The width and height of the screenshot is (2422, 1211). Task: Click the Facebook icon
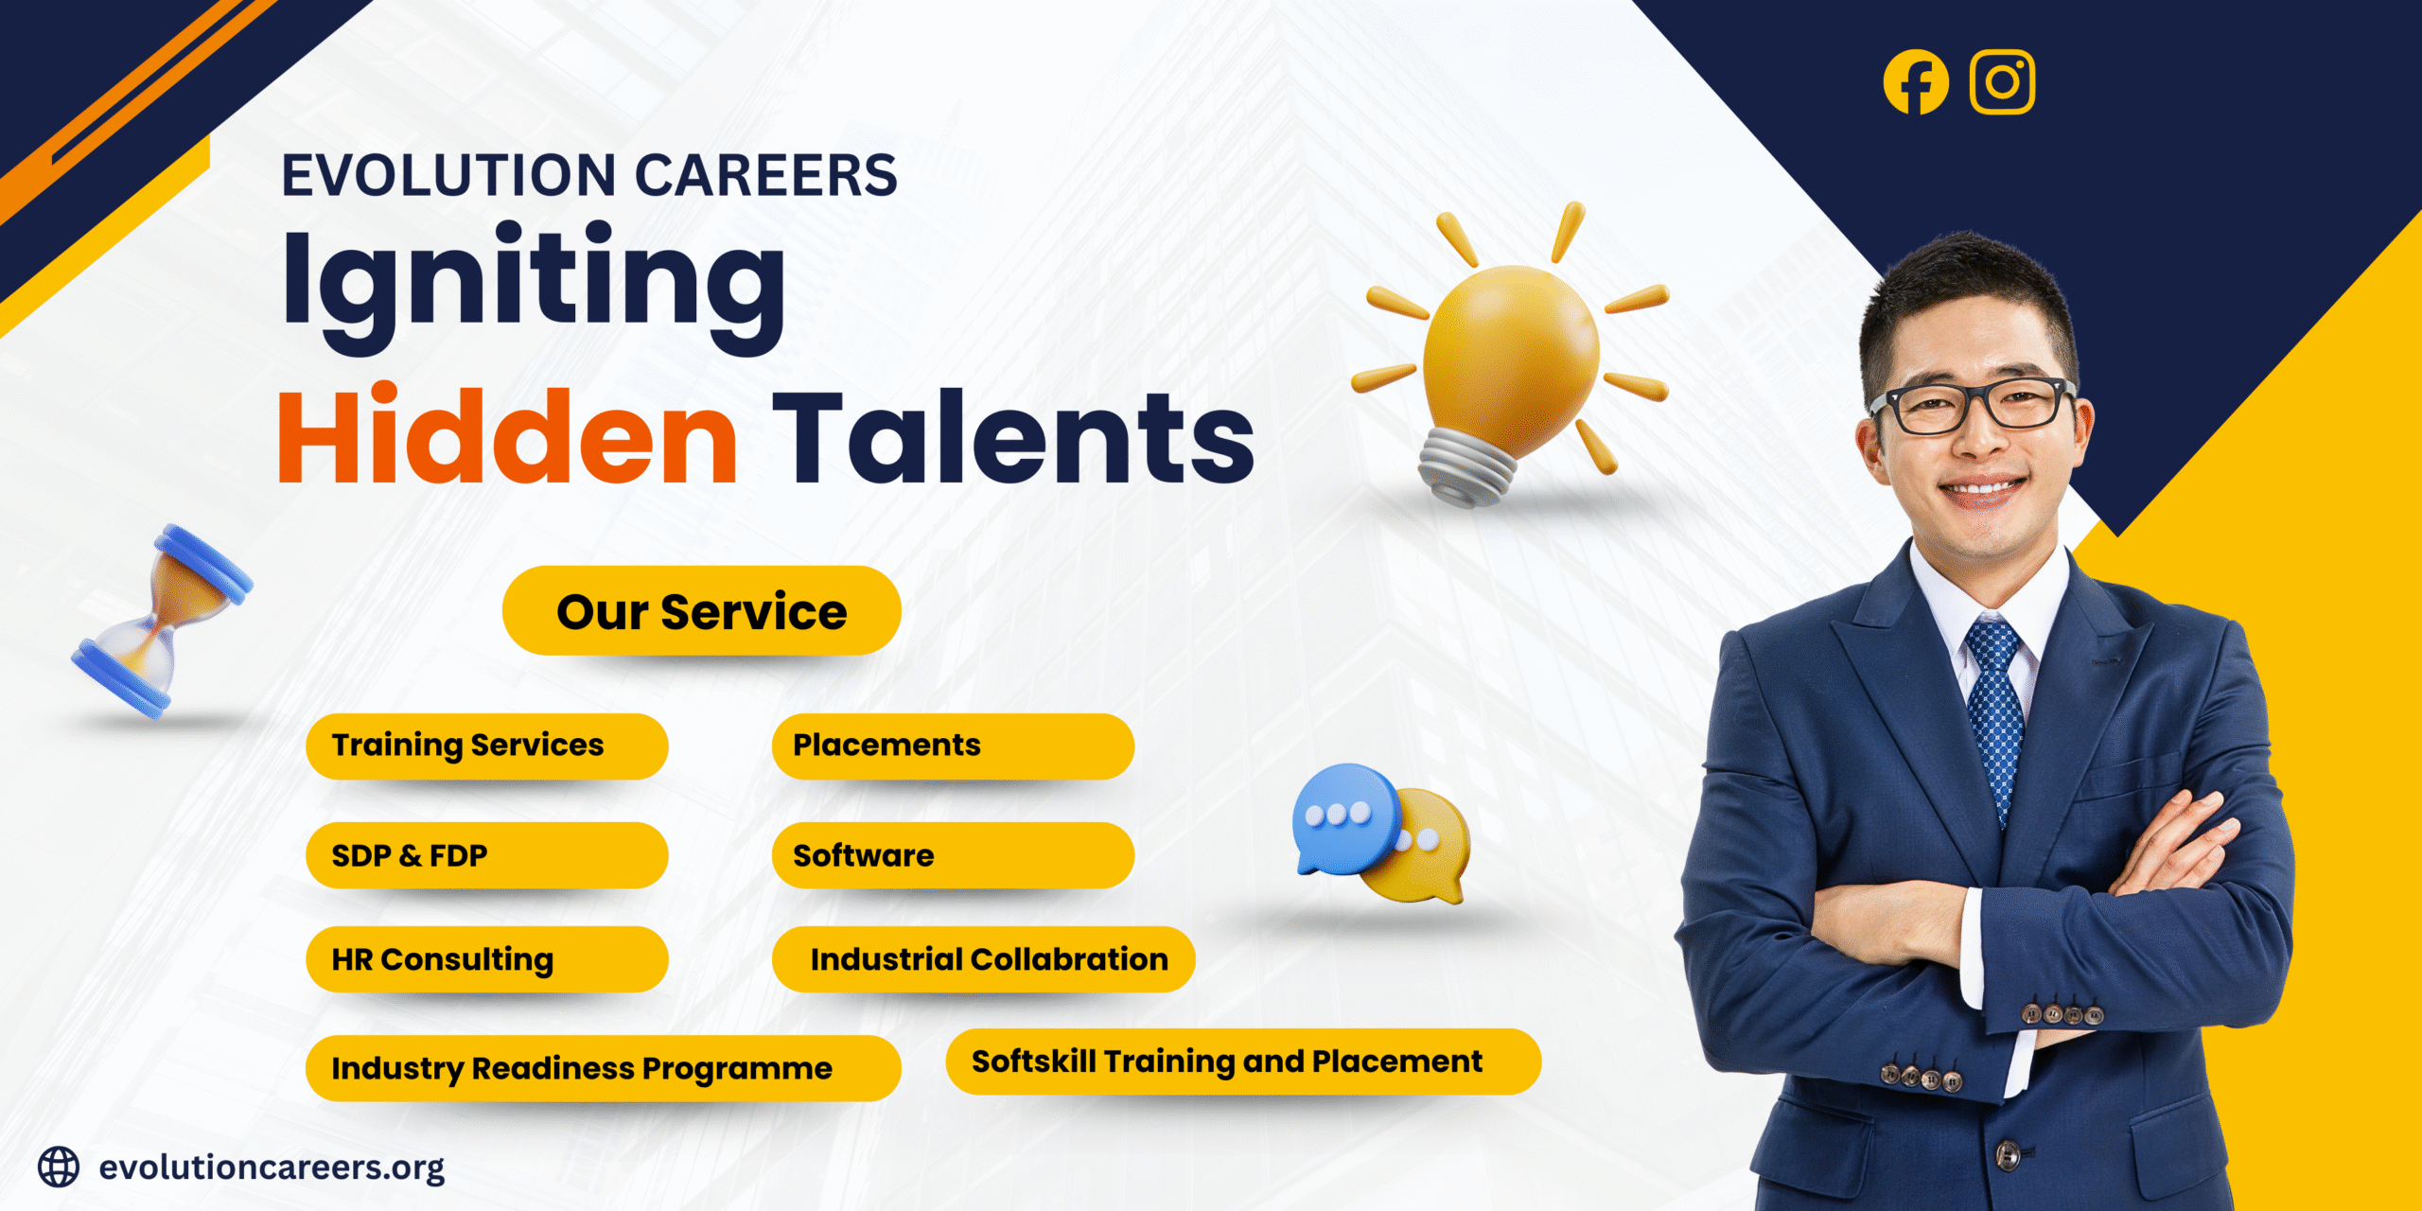(1916, 82)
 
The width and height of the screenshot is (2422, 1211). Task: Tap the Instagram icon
(2002, 82)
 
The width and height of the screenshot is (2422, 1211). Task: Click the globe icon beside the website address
(59, 1167)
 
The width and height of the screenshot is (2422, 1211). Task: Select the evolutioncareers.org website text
(272, 1167)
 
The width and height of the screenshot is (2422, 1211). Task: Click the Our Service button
(701, 611)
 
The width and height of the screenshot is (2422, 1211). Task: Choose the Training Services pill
(486, 746)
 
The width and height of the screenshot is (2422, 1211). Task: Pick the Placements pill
(953, 746)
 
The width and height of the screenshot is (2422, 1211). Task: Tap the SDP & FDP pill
(486, 855)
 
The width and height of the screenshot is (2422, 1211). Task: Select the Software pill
(953, 855)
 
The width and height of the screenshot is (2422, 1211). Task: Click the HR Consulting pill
(486, 959)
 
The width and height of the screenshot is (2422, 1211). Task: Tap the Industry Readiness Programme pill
(603, 1068)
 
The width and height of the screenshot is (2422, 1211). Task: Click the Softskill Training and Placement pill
(1242, 1062)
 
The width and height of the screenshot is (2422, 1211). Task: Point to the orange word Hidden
(507, 437)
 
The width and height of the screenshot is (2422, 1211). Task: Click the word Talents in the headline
(1013, 437)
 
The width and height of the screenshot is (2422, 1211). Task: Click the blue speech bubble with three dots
(1343, 816)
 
